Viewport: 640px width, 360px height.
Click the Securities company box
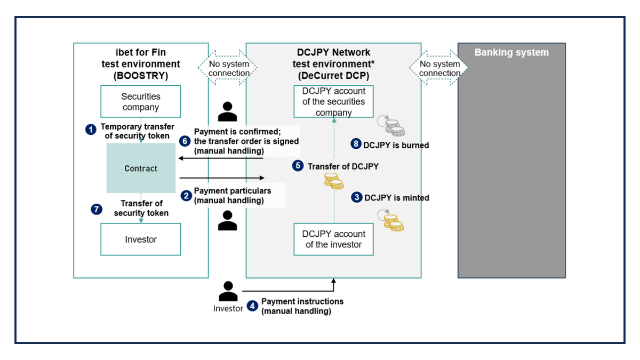tap(141, 101)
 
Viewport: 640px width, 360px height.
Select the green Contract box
tap(141, 168)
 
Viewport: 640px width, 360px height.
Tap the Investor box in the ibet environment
tap(141, 239)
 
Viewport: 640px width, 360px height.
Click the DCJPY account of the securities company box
tap(333, 101)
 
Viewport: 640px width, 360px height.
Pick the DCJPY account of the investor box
tap(333, 239)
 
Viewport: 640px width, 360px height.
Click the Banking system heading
tap(511, 52)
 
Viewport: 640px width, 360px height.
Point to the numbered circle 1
tap(91, 129)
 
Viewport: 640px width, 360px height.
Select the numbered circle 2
tap(186, 196)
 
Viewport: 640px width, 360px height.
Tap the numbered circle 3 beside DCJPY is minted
tap(357, 197)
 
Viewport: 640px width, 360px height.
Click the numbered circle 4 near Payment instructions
tap(253, 306)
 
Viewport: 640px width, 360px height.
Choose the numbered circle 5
tap(298, 166)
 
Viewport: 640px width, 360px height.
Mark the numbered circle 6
tap(185, 141)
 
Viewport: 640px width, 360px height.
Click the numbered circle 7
tap(96, 209)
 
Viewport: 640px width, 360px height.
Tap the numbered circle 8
tap(356, 144)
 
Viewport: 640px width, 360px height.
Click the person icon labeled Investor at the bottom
tap(228, 291)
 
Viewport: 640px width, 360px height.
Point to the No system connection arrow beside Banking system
tap(439, 68)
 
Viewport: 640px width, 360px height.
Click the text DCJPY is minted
tap(397, 197)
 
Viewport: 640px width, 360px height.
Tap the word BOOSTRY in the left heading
tap(141, 76)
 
